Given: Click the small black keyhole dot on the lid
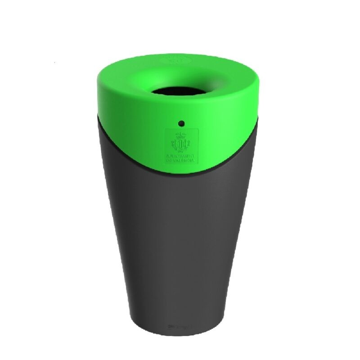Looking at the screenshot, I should (181, 122).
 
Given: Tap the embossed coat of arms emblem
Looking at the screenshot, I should (181, 143).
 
